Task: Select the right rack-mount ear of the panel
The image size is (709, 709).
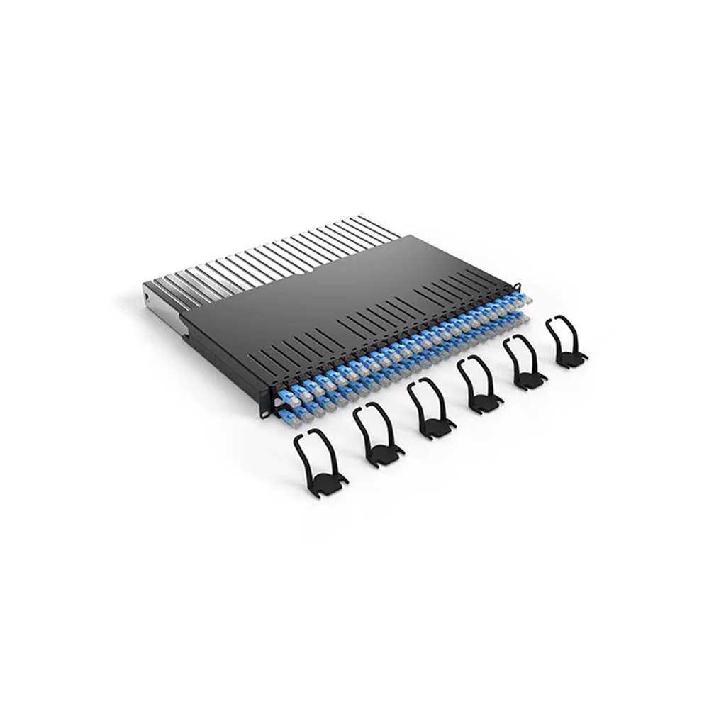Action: (520, 286)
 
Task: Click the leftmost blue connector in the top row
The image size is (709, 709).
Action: (283, 390)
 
